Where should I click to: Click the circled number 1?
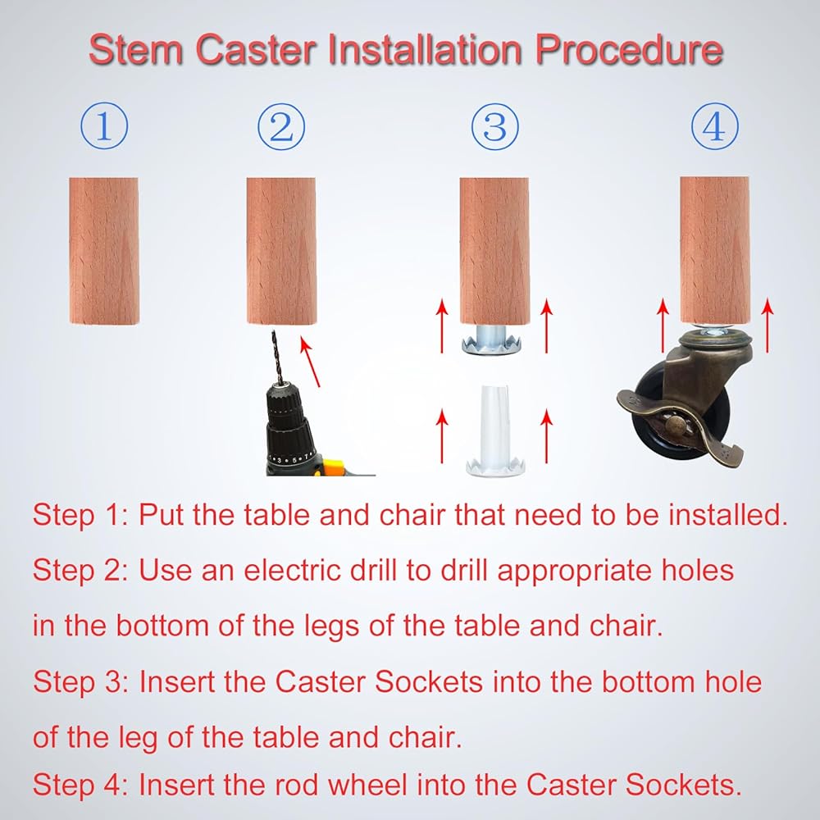(104, 126)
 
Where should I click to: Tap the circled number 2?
(281, 126)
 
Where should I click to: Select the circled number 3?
(494, 126)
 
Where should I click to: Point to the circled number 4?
(714, 126)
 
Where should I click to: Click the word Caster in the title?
(256, 50)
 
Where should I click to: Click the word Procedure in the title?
(629, 50)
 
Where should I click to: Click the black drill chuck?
(286, 417)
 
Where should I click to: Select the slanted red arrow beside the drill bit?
(310, 362)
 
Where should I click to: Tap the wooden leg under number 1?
(104, 250)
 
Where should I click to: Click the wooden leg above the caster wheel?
(714, 250)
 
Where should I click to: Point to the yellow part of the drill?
(333, 467)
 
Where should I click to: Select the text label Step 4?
(80, 785)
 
